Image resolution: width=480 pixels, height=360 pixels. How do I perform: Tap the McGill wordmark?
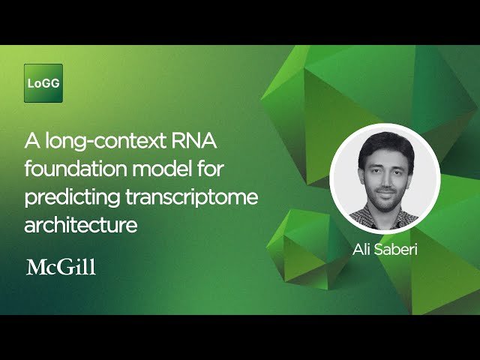coord(61,267)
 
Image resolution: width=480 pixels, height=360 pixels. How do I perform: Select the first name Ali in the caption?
coord(364,248)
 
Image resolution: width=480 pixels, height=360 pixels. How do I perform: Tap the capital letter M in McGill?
coord(35,267)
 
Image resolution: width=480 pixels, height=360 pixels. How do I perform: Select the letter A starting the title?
coord(31,140)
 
